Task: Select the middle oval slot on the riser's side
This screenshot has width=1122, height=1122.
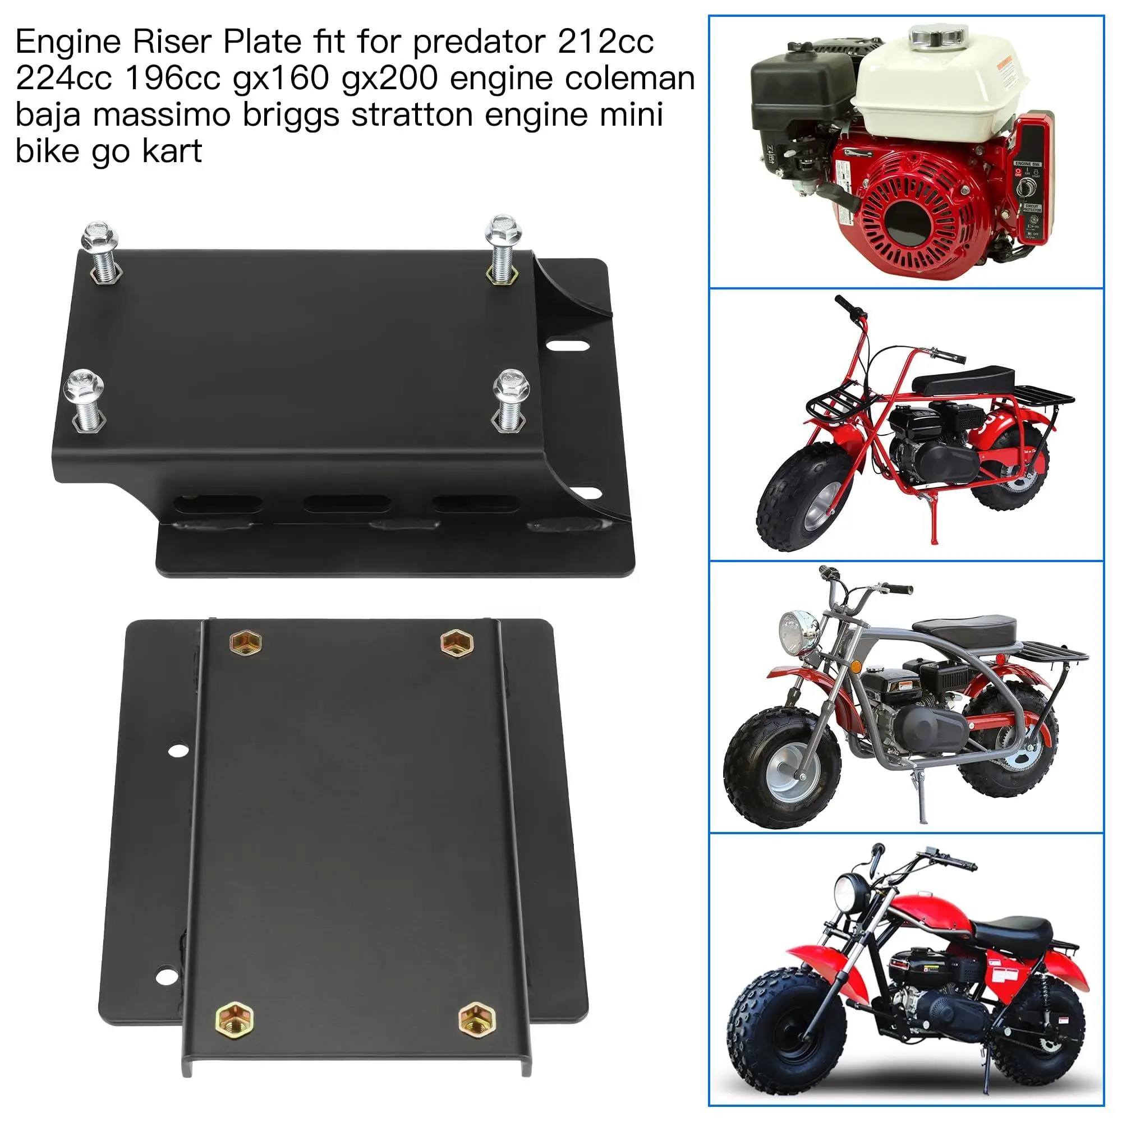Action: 347,503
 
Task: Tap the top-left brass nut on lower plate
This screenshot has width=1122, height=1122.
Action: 246,642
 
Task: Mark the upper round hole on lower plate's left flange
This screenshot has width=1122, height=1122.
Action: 178,750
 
